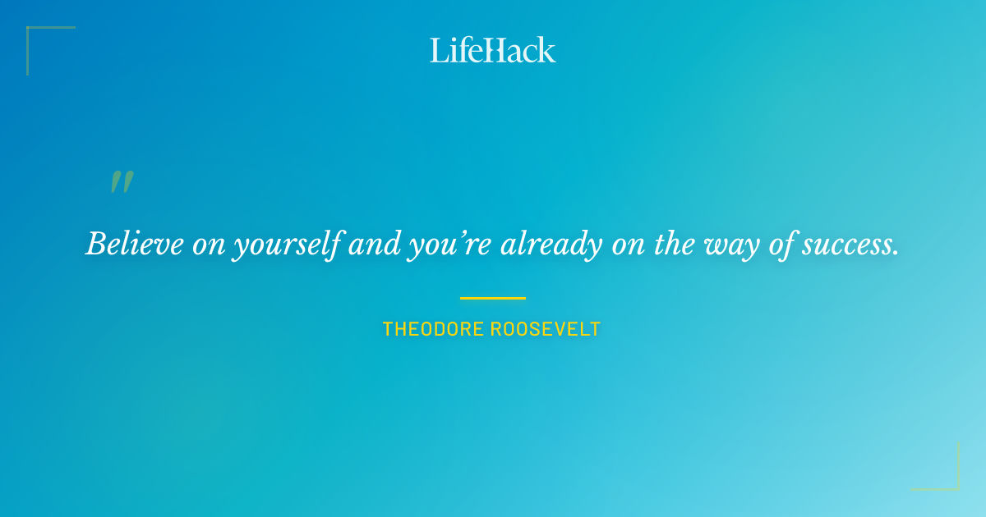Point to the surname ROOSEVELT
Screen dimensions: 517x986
[546, 330]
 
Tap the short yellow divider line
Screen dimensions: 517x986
[492, 298]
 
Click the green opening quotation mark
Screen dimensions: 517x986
[122, 182]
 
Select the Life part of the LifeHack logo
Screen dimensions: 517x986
[457, 50]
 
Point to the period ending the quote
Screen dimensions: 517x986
[896, 253]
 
